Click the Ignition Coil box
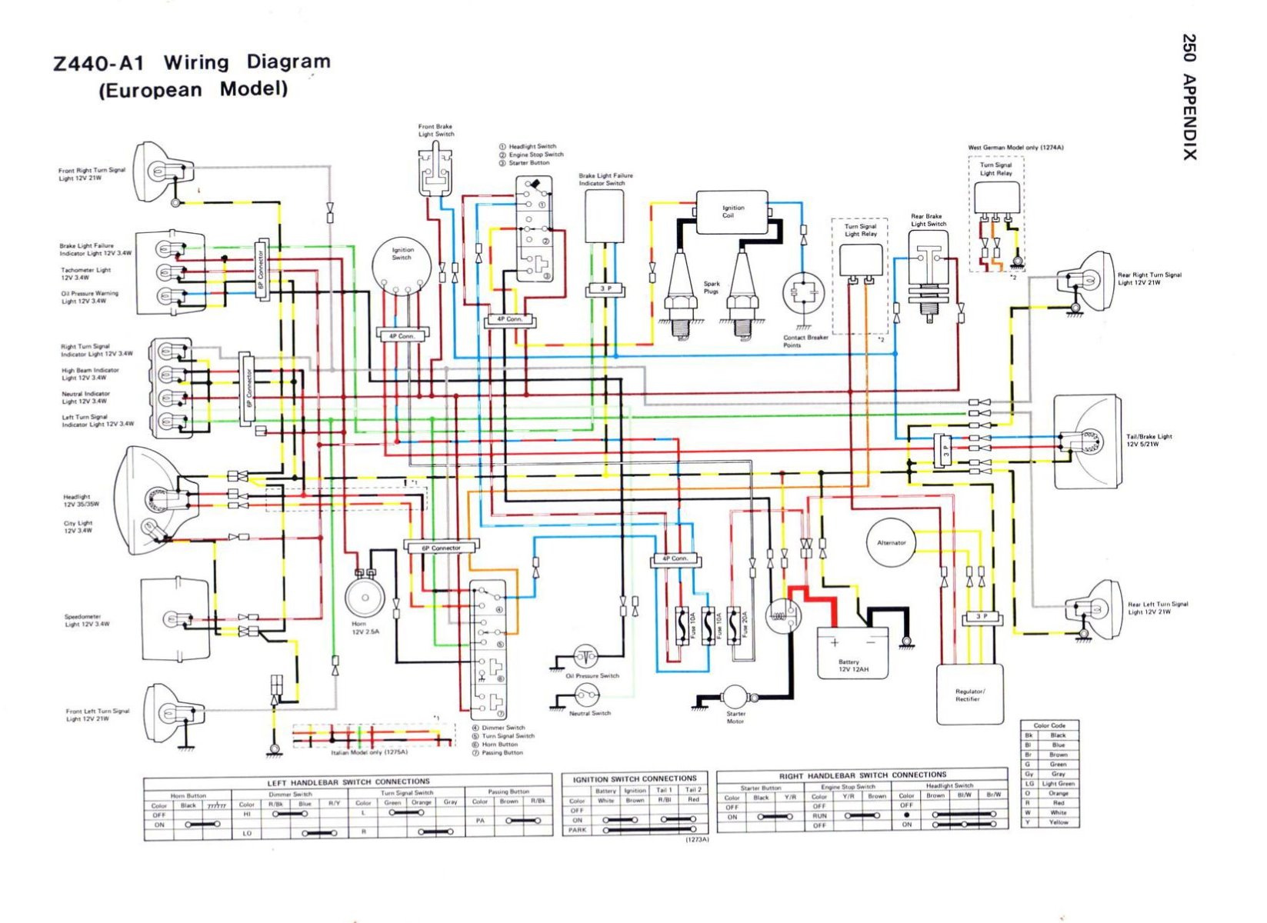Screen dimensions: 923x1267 [x=732, y=212]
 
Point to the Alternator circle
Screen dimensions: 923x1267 [x=891, y=543]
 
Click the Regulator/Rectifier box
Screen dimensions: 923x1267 [x=969, y=695]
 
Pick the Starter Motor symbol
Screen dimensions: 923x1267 [x=735, y=698]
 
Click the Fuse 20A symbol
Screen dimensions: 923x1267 [x=735, y=624]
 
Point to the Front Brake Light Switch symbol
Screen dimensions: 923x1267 [x=435, y=172]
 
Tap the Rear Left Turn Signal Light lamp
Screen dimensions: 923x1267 [x=1099, y=604]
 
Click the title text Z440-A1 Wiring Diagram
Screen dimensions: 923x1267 [x=192, y=63]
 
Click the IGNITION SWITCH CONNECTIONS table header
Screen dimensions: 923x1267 [x=635, y=778]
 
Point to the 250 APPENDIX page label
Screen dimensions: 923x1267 [x=1189, y=97]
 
